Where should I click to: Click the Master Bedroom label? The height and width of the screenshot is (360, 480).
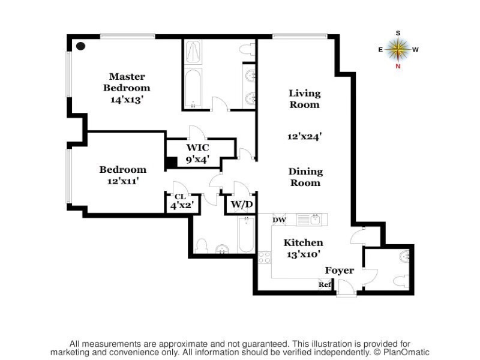click(x=127, y=82)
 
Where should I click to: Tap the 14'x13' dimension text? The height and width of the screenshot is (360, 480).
click(x=127, y=100)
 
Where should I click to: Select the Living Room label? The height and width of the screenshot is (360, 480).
click(x=305, y=98)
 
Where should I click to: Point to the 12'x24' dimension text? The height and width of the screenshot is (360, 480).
click(x=305, y=137)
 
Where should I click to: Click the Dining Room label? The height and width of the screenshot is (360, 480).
click(x=306, y=176)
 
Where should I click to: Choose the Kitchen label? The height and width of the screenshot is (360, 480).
click(x=304, y=243)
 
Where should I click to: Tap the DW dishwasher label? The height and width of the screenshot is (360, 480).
click(x=279, y=220)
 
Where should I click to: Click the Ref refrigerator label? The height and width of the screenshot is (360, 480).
click(x=325, y=284)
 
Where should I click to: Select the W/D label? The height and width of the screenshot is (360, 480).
click(x=241, y=205)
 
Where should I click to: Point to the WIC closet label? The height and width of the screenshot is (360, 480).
click(x=197, y=148)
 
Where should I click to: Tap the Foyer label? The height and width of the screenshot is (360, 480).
click(x=340, y=271)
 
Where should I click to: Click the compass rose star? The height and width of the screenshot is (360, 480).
click(x=398, y=49)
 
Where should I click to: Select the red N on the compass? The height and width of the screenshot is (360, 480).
click(x=398, y=66)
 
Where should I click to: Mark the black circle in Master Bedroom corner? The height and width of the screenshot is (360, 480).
click(x=80, y=46)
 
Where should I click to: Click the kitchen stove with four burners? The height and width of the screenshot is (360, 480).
click(x=264, y=257)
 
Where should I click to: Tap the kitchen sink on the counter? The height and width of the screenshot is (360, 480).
click(x=303, y=220)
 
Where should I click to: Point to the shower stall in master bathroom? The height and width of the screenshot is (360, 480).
click(x=194, y=52)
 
